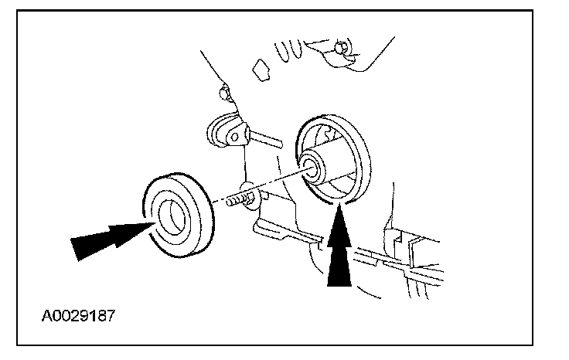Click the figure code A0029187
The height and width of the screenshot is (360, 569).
81,316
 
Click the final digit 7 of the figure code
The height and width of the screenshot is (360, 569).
115,316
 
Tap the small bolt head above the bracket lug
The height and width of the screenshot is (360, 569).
223,94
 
